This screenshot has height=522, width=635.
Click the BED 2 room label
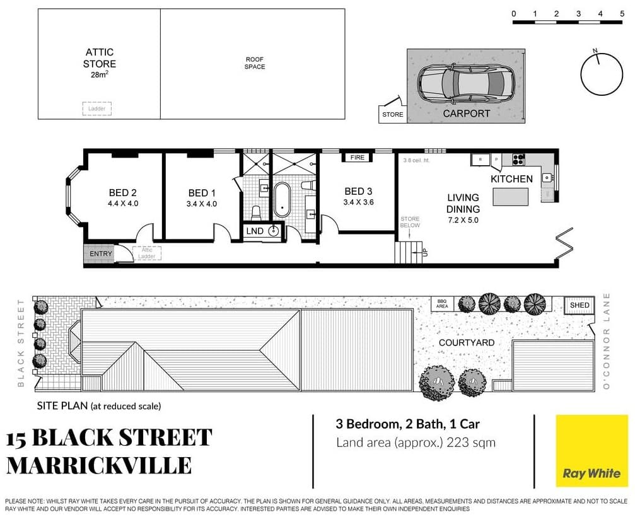coord(123,192)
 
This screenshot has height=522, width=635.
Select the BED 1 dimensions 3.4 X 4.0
coord(202,204)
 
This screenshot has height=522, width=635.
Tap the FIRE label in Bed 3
coord(358,157)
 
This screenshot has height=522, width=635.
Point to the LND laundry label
coord(255,231)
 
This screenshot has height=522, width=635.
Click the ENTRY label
coord(101,254)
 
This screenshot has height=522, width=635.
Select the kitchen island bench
coord(511,197)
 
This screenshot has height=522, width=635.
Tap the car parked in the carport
coord(465,84)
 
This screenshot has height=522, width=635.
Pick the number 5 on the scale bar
coord(622,13)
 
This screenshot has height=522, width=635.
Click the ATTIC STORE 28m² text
coord(100,64)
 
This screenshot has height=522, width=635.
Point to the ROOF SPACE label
coord(255,63)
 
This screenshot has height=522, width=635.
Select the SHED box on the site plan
coord(580,305)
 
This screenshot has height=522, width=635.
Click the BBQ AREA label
coord(442,304)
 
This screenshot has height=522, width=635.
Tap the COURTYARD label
coord(467,342)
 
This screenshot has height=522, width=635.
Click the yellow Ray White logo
coord(591,450)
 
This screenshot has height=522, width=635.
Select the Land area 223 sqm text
coord(416,443)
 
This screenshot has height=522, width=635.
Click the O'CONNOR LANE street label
coord(608,340)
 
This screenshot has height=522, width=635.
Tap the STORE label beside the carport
coord(392,115)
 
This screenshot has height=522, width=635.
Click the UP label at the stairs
coord(424,252)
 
